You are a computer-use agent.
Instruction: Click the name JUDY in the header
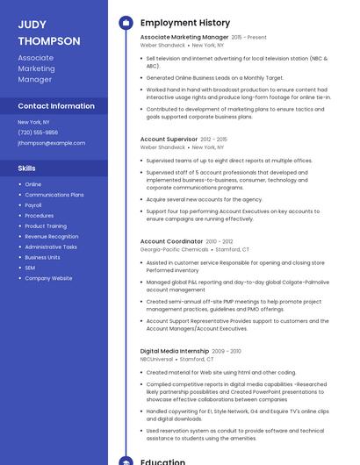(x=32, y=25)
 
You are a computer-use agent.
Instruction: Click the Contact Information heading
(x=56, y=105)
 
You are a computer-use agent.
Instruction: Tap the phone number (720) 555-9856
(x=38, y=132)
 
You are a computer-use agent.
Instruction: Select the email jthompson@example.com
(x=51, y=142)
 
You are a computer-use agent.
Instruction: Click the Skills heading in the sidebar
(x=26, y=168)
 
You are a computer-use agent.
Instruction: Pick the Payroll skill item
(x=33, y=204)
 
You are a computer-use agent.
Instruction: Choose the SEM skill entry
(x=30, y=268)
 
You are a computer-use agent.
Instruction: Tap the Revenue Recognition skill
(x=51, y=236)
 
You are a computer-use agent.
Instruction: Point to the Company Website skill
(x=48, y=278)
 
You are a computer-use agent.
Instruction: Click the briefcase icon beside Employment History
(x=126, y=22)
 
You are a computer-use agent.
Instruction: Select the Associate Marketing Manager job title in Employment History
(x=184, y=38)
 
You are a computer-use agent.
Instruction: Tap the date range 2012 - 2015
(x=213, y=139)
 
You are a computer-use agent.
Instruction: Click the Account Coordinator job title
(x=171, y=240)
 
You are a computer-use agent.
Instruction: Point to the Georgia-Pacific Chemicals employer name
(x=174, y=249)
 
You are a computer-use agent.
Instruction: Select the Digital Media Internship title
(x=174, y=351)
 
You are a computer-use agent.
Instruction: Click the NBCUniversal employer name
(x=156, y=359)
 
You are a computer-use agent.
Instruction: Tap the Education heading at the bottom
(x=162, y=460)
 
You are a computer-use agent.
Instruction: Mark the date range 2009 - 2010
(x=226, y=351)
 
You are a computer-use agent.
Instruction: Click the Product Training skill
(x=46, y=225)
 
